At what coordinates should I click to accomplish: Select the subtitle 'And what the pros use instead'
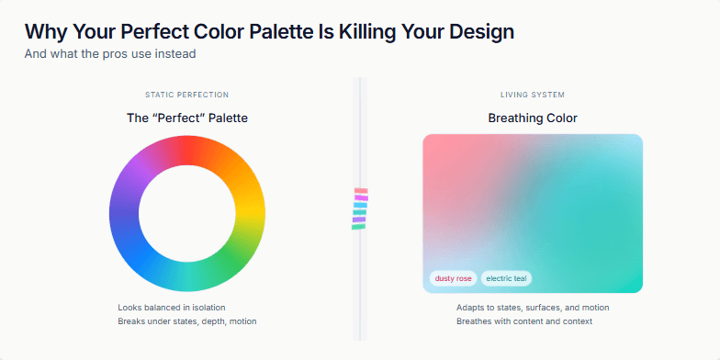point(110,53)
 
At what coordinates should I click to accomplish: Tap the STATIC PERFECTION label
point(186,95)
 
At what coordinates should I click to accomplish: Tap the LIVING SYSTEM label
point(533,95)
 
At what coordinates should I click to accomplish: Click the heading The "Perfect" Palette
point(186,118)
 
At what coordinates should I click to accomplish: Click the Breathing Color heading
point(533,118)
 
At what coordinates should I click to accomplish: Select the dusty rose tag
point(453,278)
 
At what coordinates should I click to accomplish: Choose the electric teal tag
point(507,278)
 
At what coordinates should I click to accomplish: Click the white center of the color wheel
point(187,212)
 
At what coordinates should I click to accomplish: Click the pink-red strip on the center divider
point(360,191)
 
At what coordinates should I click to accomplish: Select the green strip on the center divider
point(358,226)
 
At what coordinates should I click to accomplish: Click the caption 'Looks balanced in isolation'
point(172,308)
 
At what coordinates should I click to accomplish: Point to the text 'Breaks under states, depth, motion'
point(187,321)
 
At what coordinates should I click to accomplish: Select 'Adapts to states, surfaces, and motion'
point(533,308)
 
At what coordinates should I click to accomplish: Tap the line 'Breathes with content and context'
point(524,321)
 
